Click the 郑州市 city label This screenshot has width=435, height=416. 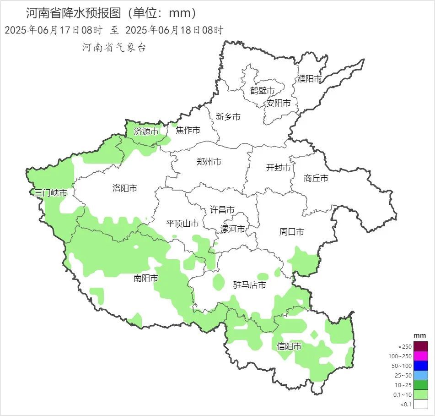209,162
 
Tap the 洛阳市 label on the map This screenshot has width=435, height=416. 124,188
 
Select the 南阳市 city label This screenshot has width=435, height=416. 146,278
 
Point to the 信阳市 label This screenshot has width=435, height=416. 289,346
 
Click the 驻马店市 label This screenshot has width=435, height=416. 250,285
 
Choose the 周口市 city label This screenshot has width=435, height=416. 291,232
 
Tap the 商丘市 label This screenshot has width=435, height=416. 316,178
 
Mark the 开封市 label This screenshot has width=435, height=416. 278,168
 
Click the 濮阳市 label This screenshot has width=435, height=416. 310,79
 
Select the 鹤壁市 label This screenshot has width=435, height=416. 263,91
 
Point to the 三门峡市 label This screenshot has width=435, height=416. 51,193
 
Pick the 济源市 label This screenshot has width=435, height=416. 146,131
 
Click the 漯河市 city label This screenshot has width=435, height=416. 233,229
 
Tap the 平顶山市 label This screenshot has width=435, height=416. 182,224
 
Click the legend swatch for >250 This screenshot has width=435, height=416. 421,346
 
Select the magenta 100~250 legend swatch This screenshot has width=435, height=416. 421,356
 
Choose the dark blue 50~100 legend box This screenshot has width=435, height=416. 421,366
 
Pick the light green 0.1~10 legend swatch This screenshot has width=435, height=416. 421,394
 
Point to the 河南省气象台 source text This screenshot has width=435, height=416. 114,47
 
